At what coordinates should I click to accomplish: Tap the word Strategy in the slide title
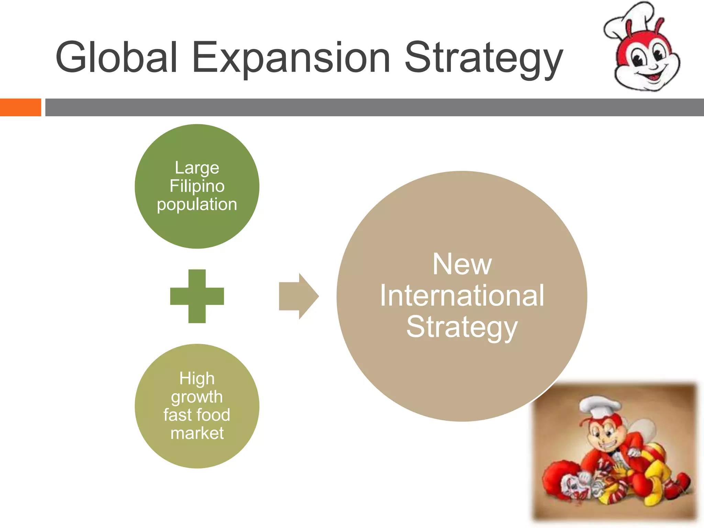point(484,58)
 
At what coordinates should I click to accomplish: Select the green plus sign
point(197,296)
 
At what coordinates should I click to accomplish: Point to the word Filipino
point(197,186)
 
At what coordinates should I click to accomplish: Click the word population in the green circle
point(197,205)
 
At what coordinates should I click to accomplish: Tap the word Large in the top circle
point(197,168)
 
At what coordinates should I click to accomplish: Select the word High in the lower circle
point(197,378)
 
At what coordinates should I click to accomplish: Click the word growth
point(197,397)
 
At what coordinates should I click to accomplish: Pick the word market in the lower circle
point(197,433)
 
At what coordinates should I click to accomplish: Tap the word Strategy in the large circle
point(462,327)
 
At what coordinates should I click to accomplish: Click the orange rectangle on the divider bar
point(20,107)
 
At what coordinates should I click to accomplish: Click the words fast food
point(197,415)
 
